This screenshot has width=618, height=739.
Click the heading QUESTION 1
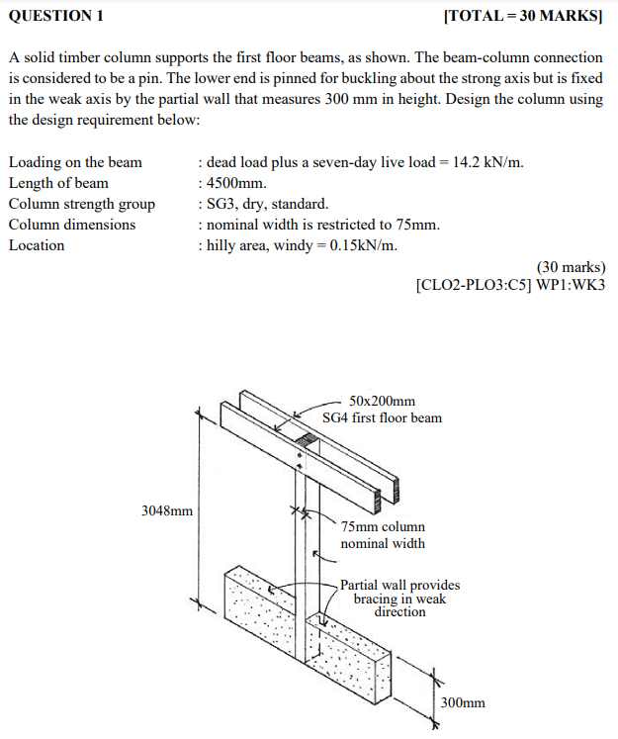coord(55,17)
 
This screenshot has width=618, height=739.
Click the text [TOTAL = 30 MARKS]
coord(523,17)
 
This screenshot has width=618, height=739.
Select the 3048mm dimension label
coord(167,511)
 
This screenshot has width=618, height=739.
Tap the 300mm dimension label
coord(463,702)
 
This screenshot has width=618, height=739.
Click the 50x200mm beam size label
coord(382,401)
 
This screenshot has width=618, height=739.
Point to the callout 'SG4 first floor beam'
coord(382,417)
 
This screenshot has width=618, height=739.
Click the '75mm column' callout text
coord(383,527)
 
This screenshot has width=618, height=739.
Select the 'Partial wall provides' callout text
coord(399,586)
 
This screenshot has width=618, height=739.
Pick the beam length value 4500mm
coord(236,183)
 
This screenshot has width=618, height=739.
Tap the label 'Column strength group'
coord(82,204)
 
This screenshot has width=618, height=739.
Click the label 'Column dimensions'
coord(72,225)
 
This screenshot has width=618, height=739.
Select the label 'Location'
coord(37,245)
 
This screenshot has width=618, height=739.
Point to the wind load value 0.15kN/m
coord(362,245)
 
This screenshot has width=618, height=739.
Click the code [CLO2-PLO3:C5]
coord(475,286)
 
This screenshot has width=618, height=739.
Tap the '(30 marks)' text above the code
coord(571,267)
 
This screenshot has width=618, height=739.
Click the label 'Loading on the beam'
coord(75,162)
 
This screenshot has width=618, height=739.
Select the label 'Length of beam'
coord(58,183)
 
